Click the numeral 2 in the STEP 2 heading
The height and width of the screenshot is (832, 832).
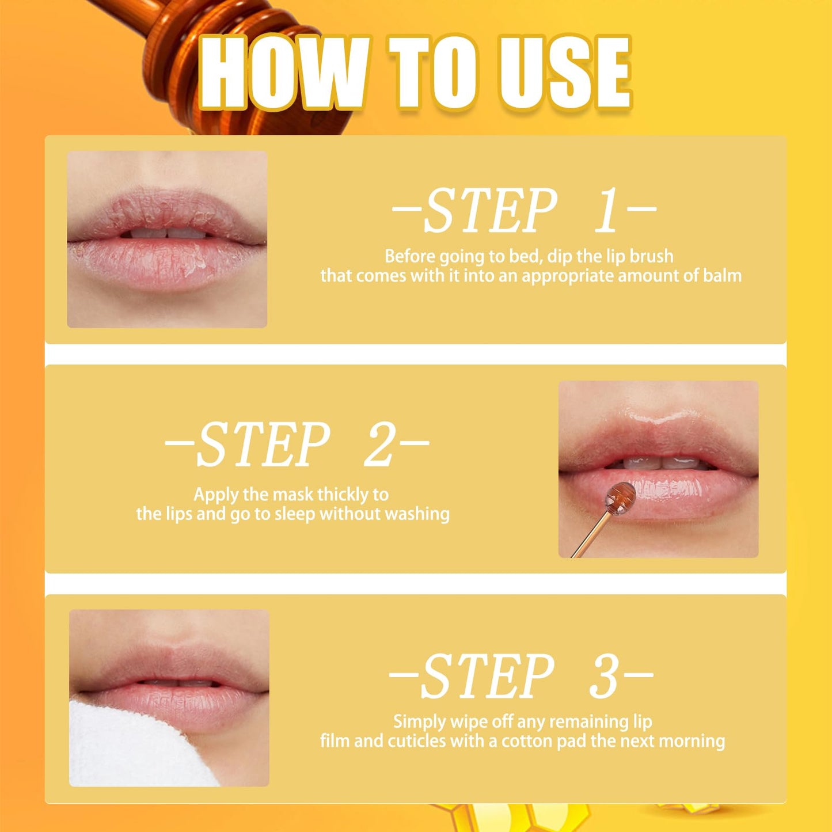tap(379, 444)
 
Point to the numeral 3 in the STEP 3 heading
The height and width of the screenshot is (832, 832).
tap(603, 676)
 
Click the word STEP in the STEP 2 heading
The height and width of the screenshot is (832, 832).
tap(263, 444)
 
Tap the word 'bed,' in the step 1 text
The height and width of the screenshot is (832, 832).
tap(526, 256)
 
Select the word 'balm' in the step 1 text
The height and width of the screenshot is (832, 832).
tap(722, 276)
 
